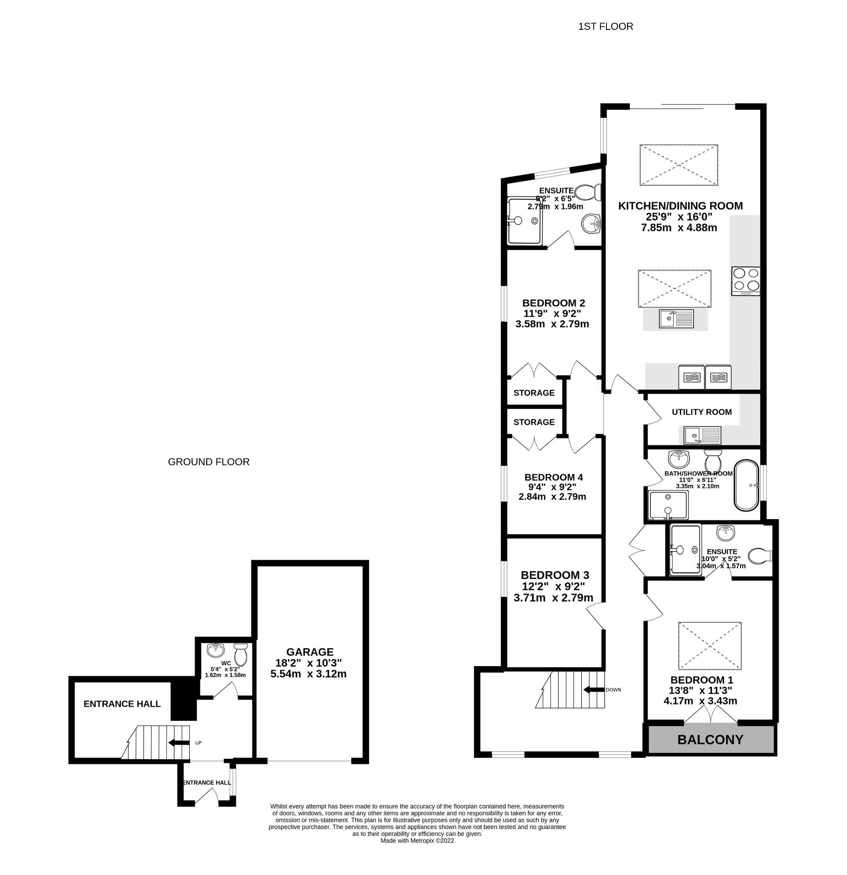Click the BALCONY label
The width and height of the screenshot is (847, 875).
(710, 740)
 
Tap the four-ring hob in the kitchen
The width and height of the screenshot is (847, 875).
(745, 281)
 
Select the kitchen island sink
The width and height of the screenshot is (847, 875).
(676, 319)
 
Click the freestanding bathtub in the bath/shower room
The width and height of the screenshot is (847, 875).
(747, 486)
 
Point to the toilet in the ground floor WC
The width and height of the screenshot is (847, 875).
(241, 654)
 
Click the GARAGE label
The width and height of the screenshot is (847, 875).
(310, 652)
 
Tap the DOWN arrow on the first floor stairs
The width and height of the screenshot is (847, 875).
(594, 690)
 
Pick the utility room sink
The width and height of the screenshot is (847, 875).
(699, 435)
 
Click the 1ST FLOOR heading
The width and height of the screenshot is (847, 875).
(606, 27)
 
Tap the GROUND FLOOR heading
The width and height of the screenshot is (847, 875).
(209, 462)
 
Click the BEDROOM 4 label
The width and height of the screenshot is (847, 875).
(553, 477)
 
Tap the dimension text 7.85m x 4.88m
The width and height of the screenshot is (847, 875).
(679, 228)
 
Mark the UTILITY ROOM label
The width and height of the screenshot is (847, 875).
(701, 412)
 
